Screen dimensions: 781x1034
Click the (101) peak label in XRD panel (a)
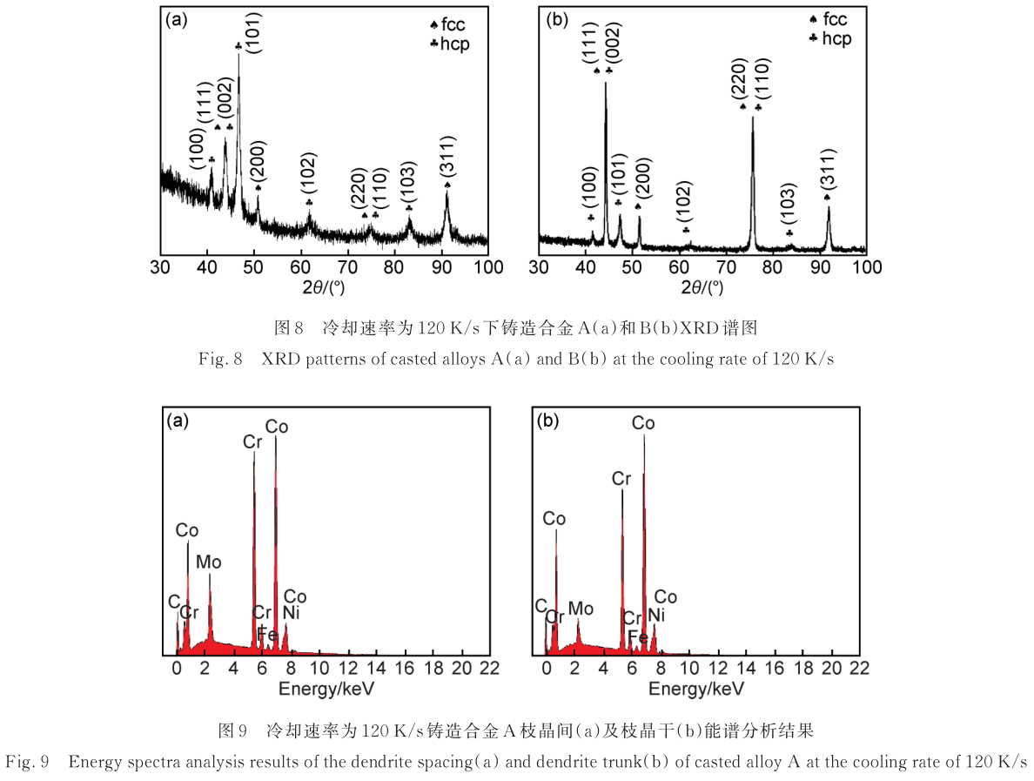tap(252, 32)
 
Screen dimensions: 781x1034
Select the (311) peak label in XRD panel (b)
tap(827, 166)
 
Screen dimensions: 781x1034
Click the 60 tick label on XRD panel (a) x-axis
tap(300, 267)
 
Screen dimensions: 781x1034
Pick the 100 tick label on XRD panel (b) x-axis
tap(866, 267)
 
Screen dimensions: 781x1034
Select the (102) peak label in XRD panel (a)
tap(309, 175)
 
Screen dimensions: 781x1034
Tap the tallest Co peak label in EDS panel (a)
tap(277, 427)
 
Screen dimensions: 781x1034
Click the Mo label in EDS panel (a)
tap(208, 562)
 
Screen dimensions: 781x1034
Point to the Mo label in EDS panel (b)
tap(581, 607)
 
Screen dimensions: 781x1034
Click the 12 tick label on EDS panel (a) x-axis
tap(348, 668)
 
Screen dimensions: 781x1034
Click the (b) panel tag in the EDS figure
tap(548, 421)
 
